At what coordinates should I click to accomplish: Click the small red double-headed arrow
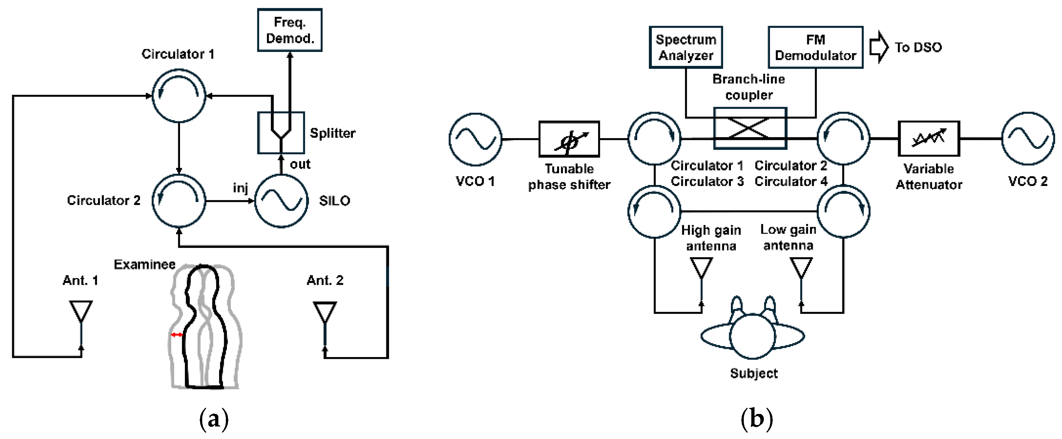tap(177, 335)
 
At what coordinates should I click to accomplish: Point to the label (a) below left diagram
tap(214, 419)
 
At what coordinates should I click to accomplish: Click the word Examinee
tap(144, 264)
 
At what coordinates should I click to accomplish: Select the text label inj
tap(240, 188)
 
